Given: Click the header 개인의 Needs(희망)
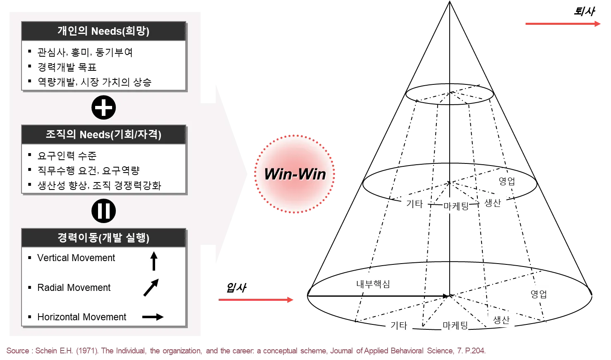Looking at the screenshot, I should (x=103, y=31).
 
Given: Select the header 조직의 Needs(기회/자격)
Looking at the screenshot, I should (x=103, y=134).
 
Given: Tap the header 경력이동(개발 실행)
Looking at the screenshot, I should (x=103, y=238).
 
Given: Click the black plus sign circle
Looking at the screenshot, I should (x=103, y=108).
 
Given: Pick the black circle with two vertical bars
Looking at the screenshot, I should (x=103, y=211).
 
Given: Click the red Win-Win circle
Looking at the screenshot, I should (x=295, y=174).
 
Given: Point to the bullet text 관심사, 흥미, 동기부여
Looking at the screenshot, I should (x=85, y=53).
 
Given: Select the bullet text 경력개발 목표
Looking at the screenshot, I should (x=67, y=67).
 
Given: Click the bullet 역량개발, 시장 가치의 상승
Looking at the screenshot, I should (x=94, y=82).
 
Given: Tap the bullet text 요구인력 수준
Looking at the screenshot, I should (x=67, y=156).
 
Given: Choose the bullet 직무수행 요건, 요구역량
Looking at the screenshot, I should (x=89, y=170).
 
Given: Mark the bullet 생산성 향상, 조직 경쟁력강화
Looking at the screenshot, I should (x=99, y=185).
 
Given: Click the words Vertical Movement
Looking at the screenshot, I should (x=76, y=258).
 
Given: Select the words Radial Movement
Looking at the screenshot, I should (x=74, y=288).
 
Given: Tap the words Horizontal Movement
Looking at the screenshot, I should (x=82, y=317).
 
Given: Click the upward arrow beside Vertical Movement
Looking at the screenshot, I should (x=154, y=261).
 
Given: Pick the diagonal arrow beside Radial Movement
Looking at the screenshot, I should (x=151, y=288).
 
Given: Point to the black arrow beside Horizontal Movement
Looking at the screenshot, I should (x=153, y=317).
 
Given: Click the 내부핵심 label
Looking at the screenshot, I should (x=372, y=283).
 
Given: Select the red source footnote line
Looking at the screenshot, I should (x=246, y=351).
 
